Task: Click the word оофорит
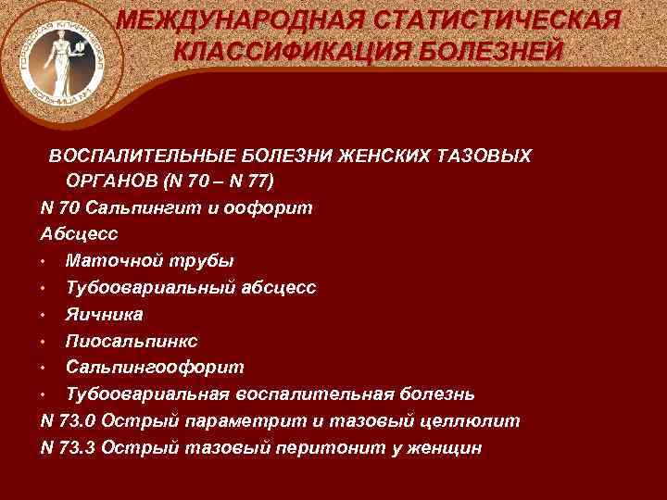coord(270,207)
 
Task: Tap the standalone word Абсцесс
coord(80,234)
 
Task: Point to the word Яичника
coord(104,315)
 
